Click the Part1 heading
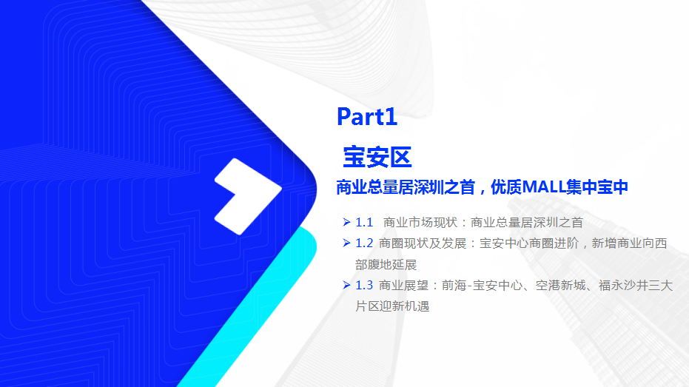click(x=367, y=117)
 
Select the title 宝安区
click(x=377, y=158)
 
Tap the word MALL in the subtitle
click(x=543, y=187)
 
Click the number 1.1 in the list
click(x=364, y=222)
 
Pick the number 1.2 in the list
click(x=364, y=243)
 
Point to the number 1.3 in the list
click(x=364, y=285)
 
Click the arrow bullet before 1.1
click(x=346, y=222)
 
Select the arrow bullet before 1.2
click(x=346, y=243)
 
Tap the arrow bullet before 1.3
click(x=346, y=285)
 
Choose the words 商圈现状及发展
click(x=423, y=243)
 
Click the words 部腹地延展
click(x=386, y=264)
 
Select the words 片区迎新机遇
click(x=392, y=306)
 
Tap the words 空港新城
click(x=561, y=286)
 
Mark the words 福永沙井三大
click(x=636, y=286)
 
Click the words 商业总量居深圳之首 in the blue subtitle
click(x=406, y=187)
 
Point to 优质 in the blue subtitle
click(x=505, y=187)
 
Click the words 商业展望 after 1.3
click(x=403, y=286)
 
